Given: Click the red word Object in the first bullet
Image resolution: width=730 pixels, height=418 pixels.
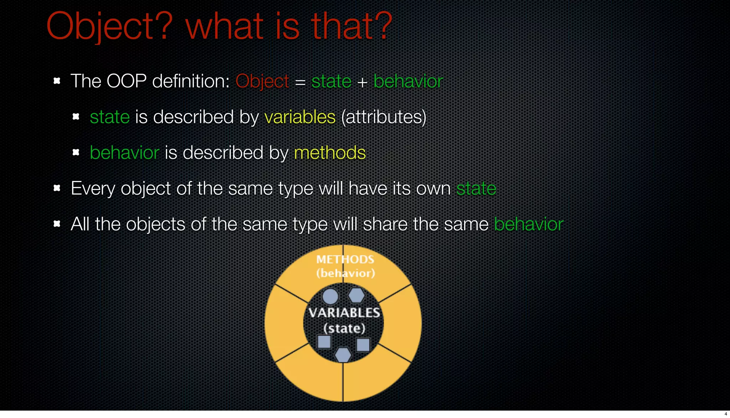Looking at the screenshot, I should tap(262, 81).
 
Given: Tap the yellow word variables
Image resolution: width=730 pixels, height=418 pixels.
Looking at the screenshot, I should tap(300, 117).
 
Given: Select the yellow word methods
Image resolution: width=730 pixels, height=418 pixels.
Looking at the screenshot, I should tap(330, 153).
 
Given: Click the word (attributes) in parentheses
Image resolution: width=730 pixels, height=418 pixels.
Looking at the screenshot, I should tap(384, 117).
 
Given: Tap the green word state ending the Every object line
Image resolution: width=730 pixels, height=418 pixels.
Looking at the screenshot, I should tap(476, 188).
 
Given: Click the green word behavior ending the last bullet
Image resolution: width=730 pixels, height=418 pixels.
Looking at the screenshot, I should tap(529, 224).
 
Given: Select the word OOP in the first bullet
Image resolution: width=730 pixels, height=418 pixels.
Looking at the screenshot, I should tap(127, 81).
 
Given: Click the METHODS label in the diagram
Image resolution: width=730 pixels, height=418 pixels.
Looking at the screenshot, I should tap(345, 259).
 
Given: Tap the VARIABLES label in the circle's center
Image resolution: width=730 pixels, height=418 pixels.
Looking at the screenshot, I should tap(344, 313).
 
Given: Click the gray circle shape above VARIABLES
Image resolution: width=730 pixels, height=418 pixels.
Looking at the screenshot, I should tap(330, 296).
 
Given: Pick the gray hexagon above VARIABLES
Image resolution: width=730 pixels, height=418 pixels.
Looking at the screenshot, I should tap(356, 295).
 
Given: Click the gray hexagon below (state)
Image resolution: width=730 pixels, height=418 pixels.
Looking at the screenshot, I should tap(343, 355).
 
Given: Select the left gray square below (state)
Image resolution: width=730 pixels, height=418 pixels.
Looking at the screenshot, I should tap(324, 342).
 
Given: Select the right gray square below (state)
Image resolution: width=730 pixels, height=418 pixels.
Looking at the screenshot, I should tap(363, 345).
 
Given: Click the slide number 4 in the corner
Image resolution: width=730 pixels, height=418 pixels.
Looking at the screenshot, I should tap(725, 414).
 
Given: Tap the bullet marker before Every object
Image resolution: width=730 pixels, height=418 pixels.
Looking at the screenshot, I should tap(57, 188).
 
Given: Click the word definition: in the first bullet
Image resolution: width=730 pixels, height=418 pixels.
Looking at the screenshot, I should tap(191, 81).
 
